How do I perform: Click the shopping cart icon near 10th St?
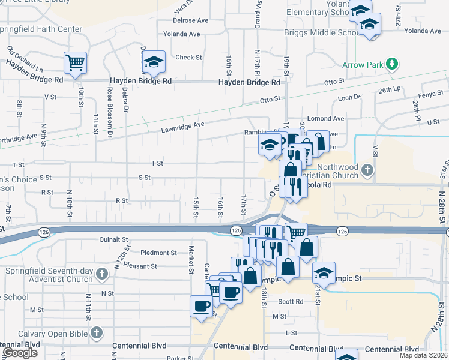pyautogui.click(x=75, y=62)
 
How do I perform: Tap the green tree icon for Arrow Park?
pyautogui.click(x=392, y=63)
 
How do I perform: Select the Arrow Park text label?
pyautogui.click(x=363, y=64)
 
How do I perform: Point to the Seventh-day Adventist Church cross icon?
pyautogui.click(x=101, y=274)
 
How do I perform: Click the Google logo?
pyautogui.click(x=20, y=353)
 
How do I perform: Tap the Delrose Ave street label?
pyautogui.click(x=190, y=20)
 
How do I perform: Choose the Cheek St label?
pyautogui.click(x=188, y=58)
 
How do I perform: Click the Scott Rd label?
pyautogui.click(x=291, y=302)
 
